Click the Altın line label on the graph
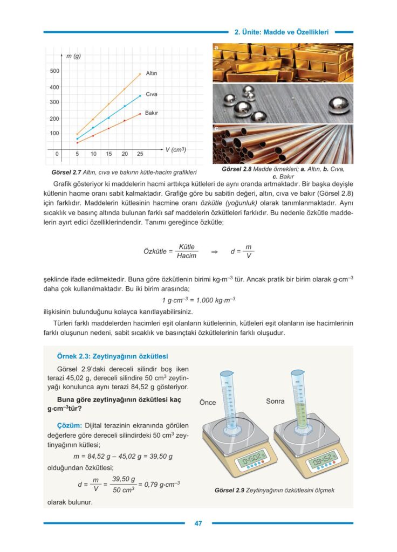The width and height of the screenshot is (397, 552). (152, 73)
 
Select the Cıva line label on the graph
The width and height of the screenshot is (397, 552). (152, 94)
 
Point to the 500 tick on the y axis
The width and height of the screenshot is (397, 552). (54, 71)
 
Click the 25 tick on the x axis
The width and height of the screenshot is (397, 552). (140, 154)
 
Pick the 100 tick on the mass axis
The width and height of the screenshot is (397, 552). (54, 133)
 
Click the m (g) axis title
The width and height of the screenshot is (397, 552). (73, 56)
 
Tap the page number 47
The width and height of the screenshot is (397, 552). (198, 523)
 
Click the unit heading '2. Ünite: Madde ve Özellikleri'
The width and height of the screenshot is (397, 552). (282, 32)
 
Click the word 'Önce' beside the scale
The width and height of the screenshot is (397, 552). (208, 402)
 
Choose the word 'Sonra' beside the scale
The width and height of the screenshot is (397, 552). (275, 402)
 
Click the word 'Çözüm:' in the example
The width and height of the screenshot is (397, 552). (69, 425)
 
